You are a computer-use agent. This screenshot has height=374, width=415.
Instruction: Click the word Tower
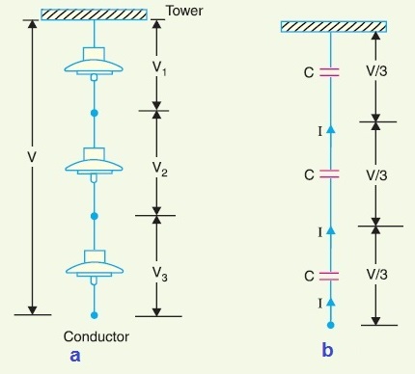click(x=186, y=12)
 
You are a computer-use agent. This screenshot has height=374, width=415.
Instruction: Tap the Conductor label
click(x=96, y=337)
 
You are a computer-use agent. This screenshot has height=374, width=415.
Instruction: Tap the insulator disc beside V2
click(x=94, y=165)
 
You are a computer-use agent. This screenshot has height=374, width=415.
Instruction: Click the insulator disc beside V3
click(x=94, y=269)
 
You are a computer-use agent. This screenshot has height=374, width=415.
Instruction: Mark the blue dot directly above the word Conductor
click(x=94, y=315)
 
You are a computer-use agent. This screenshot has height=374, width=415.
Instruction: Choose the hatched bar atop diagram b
click(x=332, y=25)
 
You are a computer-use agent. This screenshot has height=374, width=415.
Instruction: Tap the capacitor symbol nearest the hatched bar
click(x=331, y=71)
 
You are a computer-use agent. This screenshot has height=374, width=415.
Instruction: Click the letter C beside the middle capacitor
click(x=309, y=174)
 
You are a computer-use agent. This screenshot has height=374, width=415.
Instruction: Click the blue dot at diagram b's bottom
click(x=331, y=326)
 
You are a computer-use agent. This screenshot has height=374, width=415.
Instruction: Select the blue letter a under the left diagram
click(x=76, y=355)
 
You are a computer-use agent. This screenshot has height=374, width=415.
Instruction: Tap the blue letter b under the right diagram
click(x=327, y=351)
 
